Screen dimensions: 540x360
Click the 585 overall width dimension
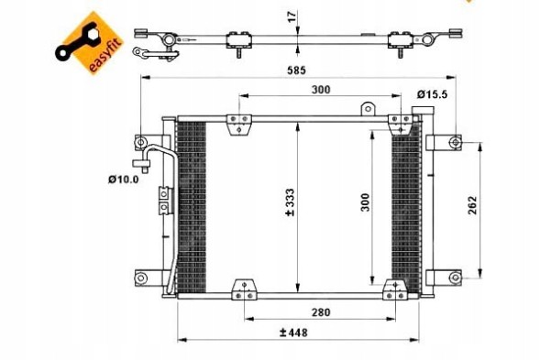296,71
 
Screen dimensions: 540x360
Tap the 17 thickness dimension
292,16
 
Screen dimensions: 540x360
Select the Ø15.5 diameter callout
432,94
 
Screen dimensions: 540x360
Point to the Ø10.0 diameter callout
123,180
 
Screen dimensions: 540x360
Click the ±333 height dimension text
290,202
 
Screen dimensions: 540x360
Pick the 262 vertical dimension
472,205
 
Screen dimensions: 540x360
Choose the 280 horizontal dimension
321,312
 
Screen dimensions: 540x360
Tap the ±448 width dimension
293,333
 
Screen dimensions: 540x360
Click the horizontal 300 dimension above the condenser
321,90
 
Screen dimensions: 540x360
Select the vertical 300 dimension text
365,202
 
